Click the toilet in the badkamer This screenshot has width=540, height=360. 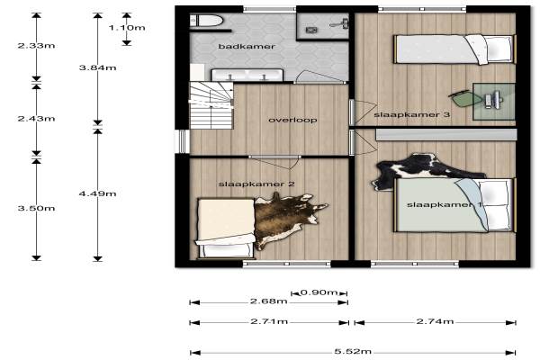(x=206, y=21)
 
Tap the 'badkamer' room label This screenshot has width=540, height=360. (x=247, y=46)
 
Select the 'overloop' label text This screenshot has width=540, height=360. (x=292, y=120)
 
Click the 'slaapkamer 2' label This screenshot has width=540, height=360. (x=256, y=184)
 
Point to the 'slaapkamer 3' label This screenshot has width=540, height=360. (x=412, y=114)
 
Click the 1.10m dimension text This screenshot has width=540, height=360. (x=127, y=28)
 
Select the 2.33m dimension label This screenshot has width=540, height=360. (x=37, y=46)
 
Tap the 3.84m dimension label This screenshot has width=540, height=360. (x=98, y=67)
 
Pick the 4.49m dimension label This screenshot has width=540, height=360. (x=98, y=193)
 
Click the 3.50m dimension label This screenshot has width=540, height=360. (x=37, y=208)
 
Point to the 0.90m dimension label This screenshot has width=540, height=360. (x=319, y=292)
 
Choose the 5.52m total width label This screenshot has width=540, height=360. (x=353, y=351)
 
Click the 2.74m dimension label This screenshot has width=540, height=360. (x=435, y=321)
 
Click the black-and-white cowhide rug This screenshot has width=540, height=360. (x=426, y=169)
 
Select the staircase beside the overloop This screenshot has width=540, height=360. (x=211, y=105)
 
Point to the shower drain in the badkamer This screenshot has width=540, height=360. (x=311, y=31)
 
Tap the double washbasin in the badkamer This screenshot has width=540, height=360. (x=247, y=75)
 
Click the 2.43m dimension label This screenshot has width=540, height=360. (x=37, y=119)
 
